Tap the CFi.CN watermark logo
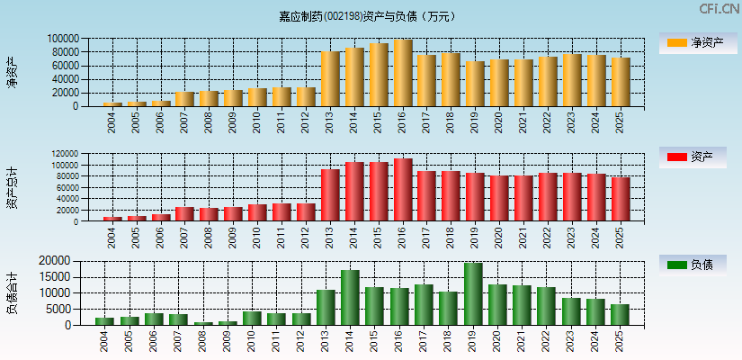pyautogui.click(x=720, y=9)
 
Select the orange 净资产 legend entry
pyautogui.click(x=698, y=42)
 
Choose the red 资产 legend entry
pyautogui.click(x=698, y=157)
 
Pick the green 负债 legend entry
pyautogui.click(x=698, y=265)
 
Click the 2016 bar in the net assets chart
pyautogui.click(x=403, y=73)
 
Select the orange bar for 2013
pyautogui.click(x=330, y=79)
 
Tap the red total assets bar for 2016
pyautogui.click(x=403, y=190)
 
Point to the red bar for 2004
pyautogui.click(x=112, y=219)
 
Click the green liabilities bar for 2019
pyautogui.click(x=473, y=294)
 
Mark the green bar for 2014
pyautogui.click(x=350, y=298)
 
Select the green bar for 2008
pyautogui.click(x=202, y=323)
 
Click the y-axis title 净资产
pyautogui.click(x=12, y=72)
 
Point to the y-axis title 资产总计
pyautogui.click(x=12, y=187)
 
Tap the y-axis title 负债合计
pyautogui.click(x=12, y=292)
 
